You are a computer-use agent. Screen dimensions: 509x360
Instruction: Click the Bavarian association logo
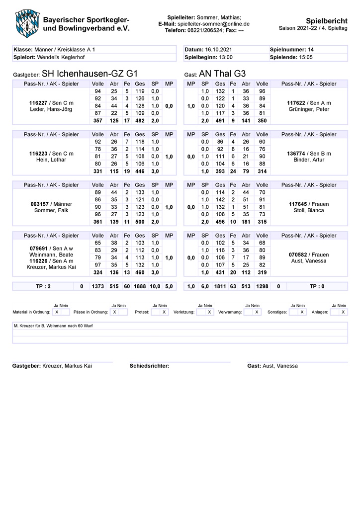25,21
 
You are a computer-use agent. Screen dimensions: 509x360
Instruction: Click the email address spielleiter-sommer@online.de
213,23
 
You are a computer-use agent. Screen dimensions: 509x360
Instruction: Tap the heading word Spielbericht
326,20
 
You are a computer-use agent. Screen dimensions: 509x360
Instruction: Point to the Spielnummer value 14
311,50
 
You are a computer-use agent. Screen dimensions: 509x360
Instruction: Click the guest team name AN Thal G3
222,73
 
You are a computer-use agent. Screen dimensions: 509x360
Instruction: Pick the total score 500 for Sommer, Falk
140,222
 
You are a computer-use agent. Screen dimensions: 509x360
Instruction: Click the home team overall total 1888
140,287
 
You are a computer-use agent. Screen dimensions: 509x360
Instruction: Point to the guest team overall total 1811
220,287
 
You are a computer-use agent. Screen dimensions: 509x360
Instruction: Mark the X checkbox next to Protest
164,312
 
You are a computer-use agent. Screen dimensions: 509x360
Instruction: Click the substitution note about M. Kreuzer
53,326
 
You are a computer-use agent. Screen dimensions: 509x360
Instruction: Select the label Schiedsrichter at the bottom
149,366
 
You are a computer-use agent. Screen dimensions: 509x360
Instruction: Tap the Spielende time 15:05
305,57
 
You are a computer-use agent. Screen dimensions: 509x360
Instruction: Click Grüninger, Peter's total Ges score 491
220,120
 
